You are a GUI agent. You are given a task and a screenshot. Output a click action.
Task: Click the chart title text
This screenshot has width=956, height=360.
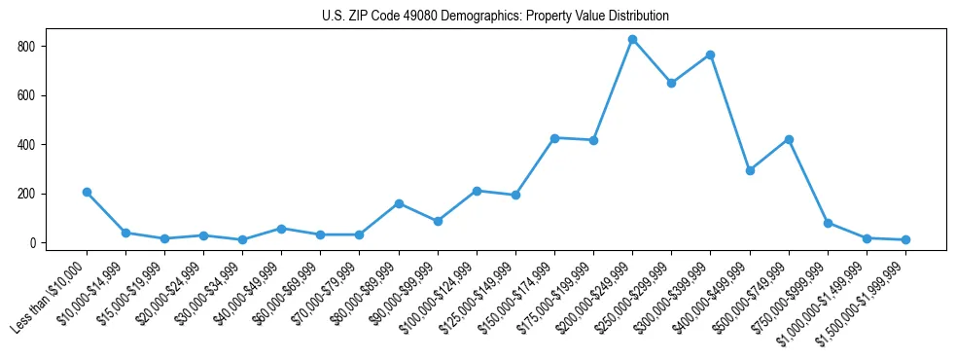tap(495, 17)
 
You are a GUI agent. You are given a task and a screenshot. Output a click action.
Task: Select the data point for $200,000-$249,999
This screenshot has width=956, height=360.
tap(632, 40)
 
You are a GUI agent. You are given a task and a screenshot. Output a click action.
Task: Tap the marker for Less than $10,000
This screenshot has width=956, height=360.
tap(87, 193)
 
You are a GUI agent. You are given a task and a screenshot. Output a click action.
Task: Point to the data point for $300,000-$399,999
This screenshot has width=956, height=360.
tap(710, 55)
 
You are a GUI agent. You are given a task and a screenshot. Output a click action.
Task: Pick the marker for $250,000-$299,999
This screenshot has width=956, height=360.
tap(671, 84)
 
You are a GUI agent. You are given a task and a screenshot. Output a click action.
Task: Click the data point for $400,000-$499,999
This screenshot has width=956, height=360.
tap(749, 170)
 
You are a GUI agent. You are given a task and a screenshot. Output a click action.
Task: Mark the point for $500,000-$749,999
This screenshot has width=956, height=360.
tap(789, 140)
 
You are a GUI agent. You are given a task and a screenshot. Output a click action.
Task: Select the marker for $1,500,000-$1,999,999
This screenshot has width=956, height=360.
tap(905, 239)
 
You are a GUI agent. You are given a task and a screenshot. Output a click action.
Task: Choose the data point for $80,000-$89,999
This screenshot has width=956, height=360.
tap(399, 203)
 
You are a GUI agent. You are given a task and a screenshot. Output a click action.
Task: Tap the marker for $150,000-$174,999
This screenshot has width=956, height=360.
tap(554, 138)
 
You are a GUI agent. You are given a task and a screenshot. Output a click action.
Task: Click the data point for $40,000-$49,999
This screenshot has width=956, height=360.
tap(281, 229)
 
